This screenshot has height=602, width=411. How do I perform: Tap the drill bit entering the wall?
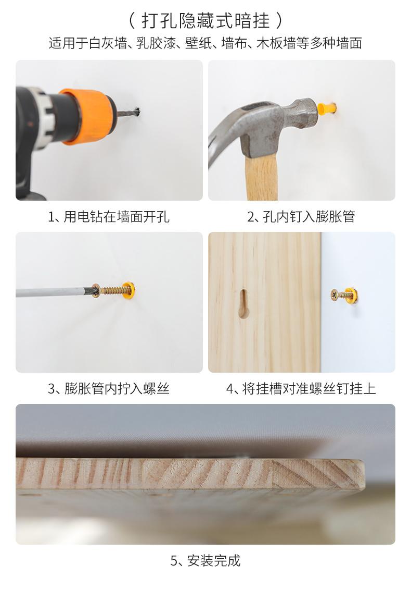click(128, 113)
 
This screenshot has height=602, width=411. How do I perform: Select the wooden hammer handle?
click(262, 178)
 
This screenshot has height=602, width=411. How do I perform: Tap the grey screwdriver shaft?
click(53, 292)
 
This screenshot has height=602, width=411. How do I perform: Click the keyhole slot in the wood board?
click(244, 303)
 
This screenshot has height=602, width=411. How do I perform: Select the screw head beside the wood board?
click(335, 295)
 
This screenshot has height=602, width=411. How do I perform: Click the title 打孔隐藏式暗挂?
click(205, 20)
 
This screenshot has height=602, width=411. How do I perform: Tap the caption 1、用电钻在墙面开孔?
click(109, 217)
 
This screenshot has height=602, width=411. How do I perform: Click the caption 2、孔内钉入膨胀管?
click(301, 217)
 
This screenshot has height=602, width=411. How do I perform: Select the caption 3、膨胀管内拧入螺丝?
click(109, 389)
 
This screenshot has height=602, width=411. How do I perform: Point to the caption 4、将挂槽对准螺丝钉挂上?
click(301, 389)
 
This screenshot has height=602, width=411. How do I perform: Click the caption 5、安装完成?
click(205, 561)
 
